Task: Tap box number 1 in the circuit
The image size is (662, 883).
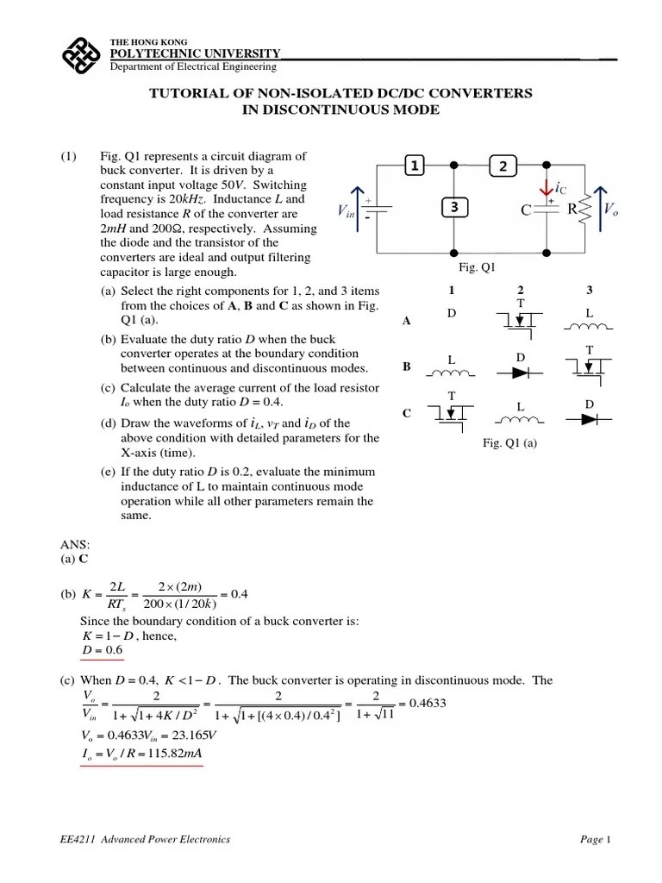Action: coord(415,166)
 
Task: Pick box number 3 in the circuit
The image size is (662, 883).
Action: coord(454,208)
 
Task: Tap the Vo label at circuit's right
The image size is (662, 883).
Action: coord(610,208)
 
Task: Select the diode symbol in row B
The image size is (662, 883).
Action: coord(521,373)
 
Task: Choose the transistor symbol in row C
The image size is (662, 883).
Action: coord(452,413)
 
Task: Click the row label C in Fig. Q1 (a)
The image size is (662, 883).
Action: coord(407,414)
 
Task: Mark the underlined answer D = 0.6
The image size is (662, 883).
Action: coord(100,650)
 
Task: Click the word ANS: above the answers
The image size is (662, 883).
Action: coord(74,545)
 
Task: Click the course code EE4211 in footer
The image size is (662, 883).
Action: coord(71,839)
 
